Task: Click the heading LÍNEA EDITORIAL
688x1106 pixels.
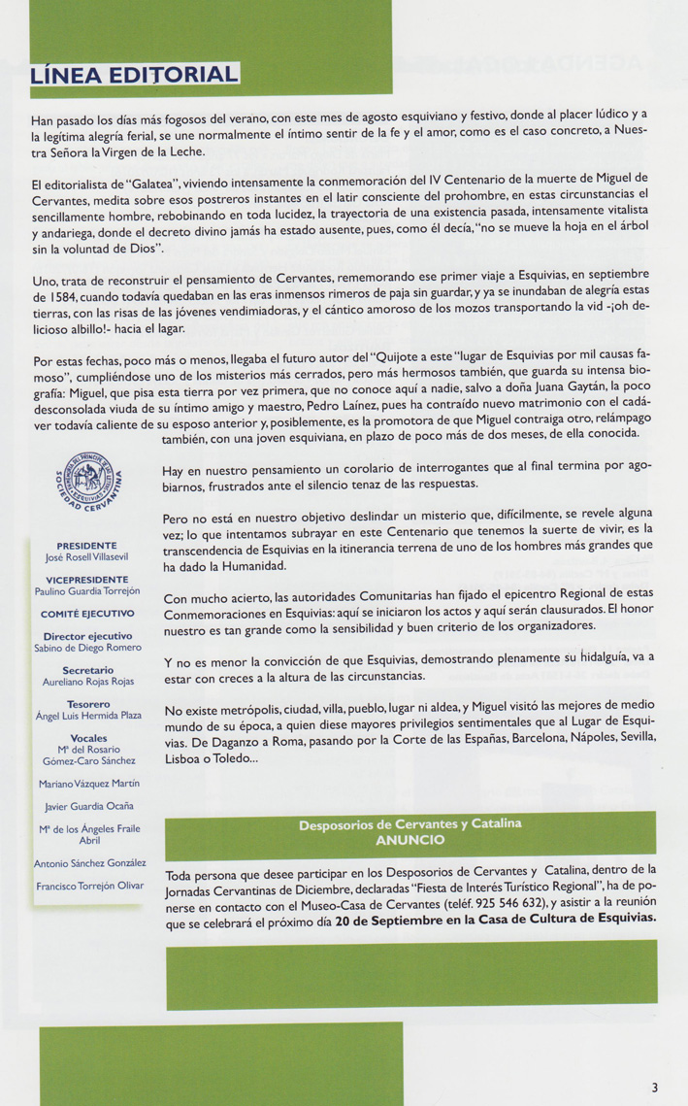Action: click(x=135, y=76)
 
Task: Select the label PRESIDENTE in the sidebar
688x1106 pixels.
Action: click(x=87, y=546)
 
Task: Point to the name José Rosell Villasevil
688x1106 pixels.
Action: click(x=87, y=558)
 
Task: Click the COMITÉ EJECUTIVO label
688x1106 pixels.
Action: click(x=87, y=614)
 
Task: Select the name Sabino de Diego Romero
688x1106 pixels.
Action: click(x=87, y=648)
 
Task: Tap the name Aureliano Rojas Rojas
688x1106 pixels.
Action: click(x=87, y=683)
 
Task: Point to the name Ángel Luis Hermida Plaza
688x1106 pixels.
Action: click(x=87, y=716)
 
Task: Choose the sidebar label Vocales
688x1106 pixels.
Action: click(x=87, y=738)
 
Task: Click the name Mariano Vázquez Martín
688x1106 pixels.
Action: click(x=87, y=784)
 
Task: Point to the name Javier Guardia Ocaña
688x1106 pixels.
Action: click(x=88, y=806)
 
